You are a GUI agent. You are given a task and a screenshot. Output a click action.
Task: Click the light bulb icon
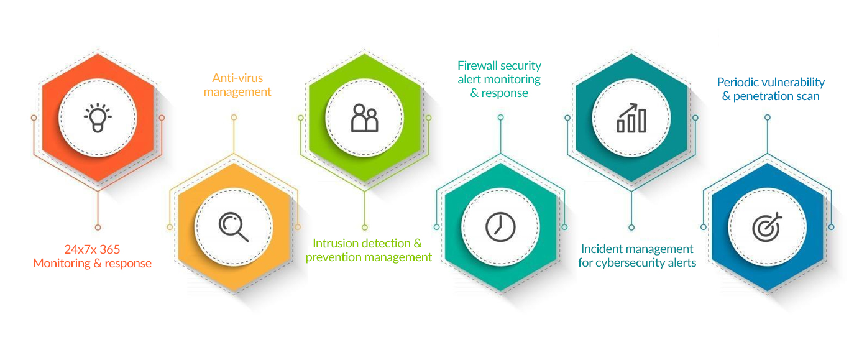[x=98, y=118]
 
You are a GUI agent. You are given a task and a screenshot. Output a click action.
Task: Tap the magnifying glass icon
[x=234, y=227]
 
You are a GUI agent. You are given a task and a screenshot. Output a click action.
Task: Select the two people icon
[x=365, y=118]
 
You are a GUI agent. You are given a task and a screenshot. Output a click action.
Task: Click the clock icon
[x=500, y=227]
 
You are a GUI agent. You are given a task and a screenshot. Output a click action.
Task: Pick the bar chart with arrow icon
[x=631, y=118]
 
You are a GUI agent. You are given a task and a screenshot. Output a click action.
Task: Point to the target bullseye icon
[x=767, y=227]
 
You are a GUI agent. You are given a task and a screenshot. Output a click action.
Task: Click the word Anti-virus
[x=237, y=78]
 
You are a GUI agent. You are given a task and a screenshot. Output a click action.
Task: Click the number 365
[x=110, y=249]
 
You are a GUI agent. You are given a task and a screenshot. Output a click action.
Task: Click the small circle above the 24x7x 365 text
[x=98, y=228]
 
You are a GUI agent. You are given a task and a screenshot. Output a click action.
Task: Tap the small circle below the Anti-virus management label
[x=234, y=118]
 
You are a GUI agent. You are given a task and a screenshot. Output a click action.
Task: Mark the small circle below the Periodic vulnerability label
[x=768, y=118]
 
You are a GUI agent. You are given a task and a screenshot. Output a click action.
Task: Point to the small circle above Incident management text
[x=631, y=228]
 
